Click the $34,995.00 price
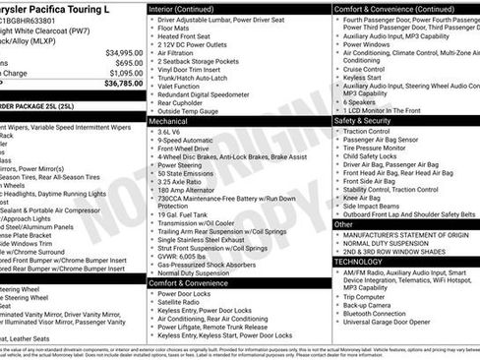124,52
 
